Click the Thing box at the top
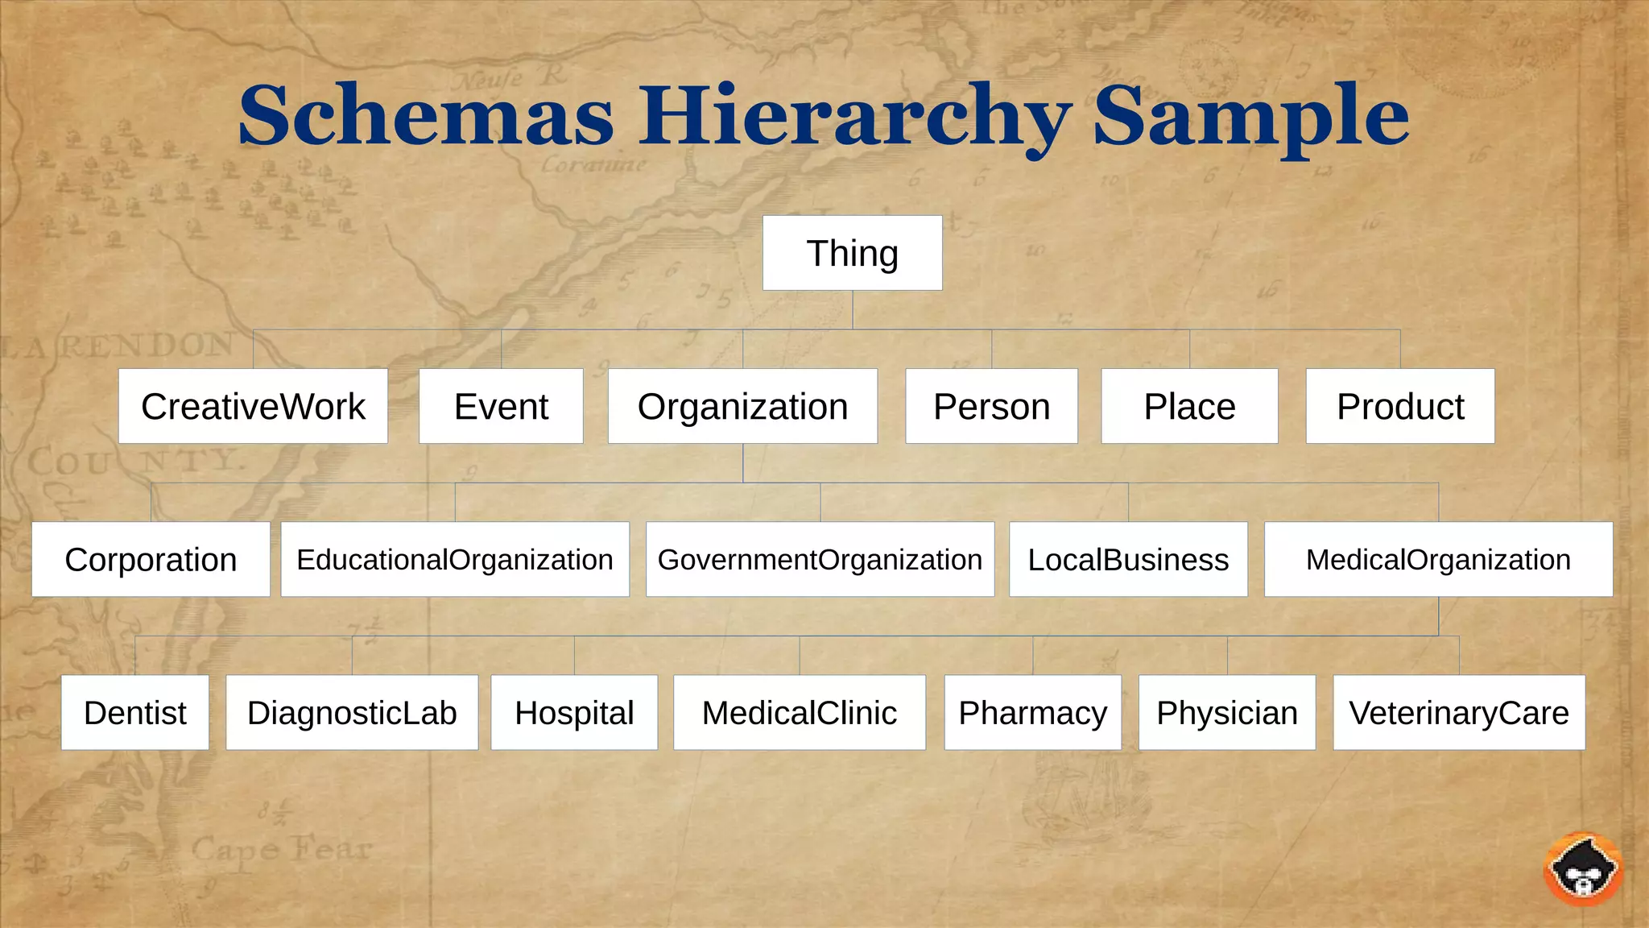point(852,253)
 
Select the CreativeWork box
point(253,406)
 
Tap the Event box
point(501,406)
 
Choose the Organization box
point(742,406)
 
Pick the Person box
point(991,406)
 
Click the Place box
point(1189,406)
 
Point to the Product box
point(1400,406)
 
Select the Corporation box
point(151,559)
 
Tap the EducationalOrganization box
point(455,559)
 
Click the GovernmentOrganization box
point(820,559)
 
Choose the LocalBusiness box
point(1128,559)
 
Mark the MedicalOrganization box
point(1438,559)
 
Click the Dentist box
point(134,713)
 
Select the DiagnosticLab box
point(352,713)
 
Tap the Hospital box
point(574,713)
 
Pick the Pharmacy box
point(1032,713)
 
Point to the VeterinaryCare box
point(1459,713)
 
